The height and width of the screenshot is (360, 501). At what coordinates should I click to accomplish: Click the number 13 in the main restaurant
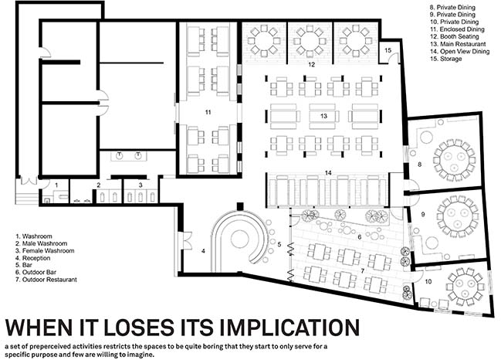click(x=323, y=116)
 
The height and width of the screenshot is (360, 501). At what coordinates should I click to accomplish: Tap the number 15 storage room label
click(x=388, y=50)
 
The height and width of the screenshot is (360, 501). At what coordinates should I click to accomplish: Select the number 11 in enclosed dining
click(x=208, y=112)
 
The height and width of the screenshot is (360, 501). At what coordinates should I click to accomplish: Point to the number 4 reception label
click(x=203, y=251)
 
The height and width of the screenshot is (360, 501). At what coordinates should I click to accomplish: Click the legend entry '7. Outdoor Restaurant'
click(x=46, y=280)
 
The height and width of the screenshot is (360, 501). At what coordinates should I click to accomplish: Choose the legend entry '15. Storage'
click(x=445, y=59)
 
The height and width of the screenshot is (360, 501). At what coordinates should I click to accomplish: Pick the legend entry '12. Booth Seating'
click(x=455, y=37)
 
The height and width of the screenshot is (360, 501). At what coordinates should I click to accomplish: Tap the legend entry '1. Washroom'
click(x=34, y=236)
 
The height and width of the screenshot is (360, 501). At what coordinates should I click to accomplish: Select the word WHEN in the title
click(x=39, y=327)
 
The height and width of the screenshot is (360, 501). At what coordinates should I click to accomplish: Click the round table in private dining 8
click(x=455, y=160)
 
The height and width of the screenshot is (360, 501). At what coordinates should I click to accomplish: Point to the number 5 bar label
click(x=279, y=245)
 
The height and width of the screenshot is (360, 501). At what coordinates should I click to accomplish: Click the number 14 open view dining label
click(x=328, y=173)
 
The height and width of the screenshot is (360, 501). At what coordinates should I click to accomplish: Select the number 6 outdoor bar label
click(x=360, y=237)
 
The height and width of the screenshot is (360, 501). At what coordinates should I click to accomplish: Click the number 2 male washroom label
click(x=99, y=185)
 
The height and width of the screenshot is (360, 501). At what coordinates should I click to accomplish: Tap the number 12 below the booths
click(x=312, y=65)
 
